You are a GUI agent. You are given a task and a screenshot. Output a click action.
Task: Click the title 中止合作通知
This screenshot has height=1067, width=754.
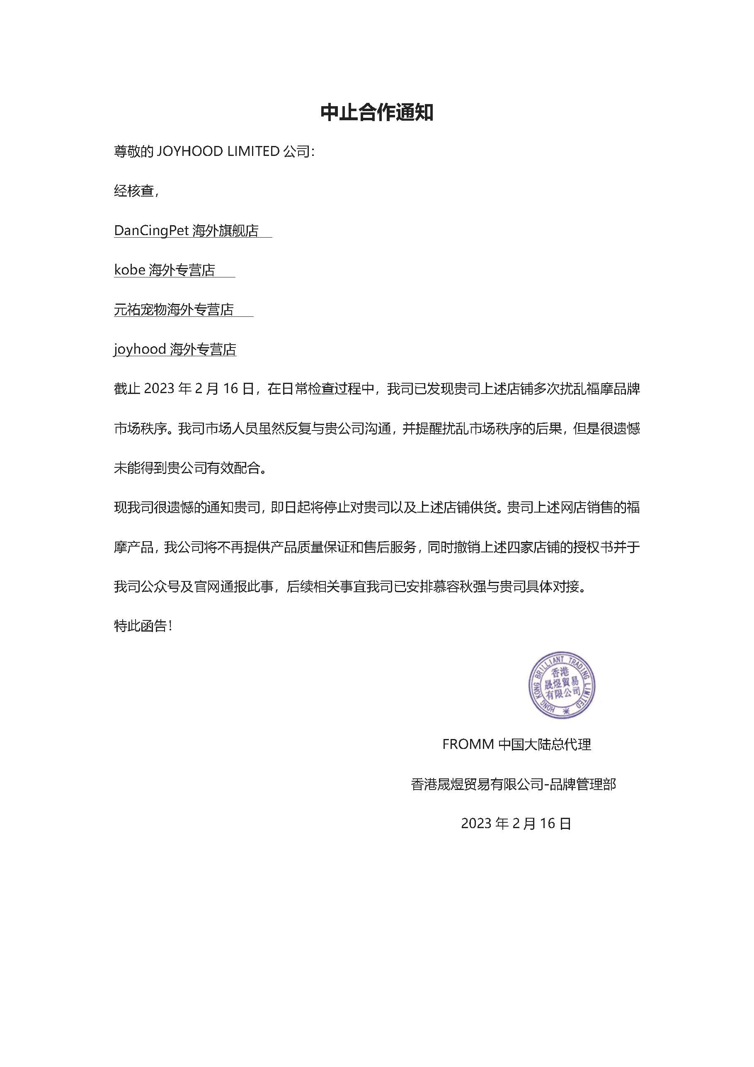pyautogui.click(x=377, y=113)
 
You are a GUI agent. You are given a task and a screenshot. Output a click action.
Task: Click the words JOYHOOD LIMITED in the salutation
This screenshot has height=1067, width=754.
pyautogui.click(x=218, y=151)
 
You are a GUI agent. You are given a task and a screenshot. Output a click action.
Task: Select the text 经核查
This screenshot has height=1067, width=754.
pyautogui.click(x=134, y=191)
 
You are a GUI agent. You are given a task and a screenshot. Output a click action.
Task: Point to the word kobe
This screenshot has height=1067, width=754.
pyautogui.click(x=130, y=270)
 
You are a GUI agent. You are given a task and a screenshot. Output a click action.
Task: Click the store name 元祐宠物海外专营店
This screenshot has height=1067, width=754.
pyautogui.click(x=174, y=309)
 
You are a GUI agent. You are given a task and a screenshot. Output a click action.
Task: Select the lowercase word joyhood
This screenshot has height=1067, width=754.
pyautogui.click(x=140, y=349)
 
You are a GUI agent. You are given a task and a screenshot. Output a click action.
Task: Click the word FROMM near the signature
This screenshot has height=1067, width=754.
pyautogui.click(x=468, y=744)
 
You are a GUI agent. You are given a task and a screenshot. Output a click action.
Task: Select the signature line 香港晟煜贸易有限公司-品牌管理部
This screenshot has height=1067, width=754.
pyautogui.click(x=513, y=785)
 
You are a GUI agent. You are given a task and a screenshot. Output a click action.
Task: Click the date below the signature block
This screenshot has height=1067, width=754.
pyautogui.click(x=516, y=824)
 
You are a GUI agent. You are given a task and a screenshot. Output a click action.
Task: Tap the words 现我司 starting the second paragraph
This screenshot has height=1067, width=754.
pyautogui.click(x=134, y=508)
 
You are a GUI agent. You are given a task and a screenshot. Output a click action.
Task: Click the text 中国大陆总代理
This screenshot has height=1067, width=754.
pyautogui.click(x=545, y=744)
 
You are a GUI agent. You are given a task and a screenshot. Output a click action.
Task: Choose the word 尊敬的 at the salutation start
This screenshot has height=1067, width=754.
pyautogui.click(x=134, y=151)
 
